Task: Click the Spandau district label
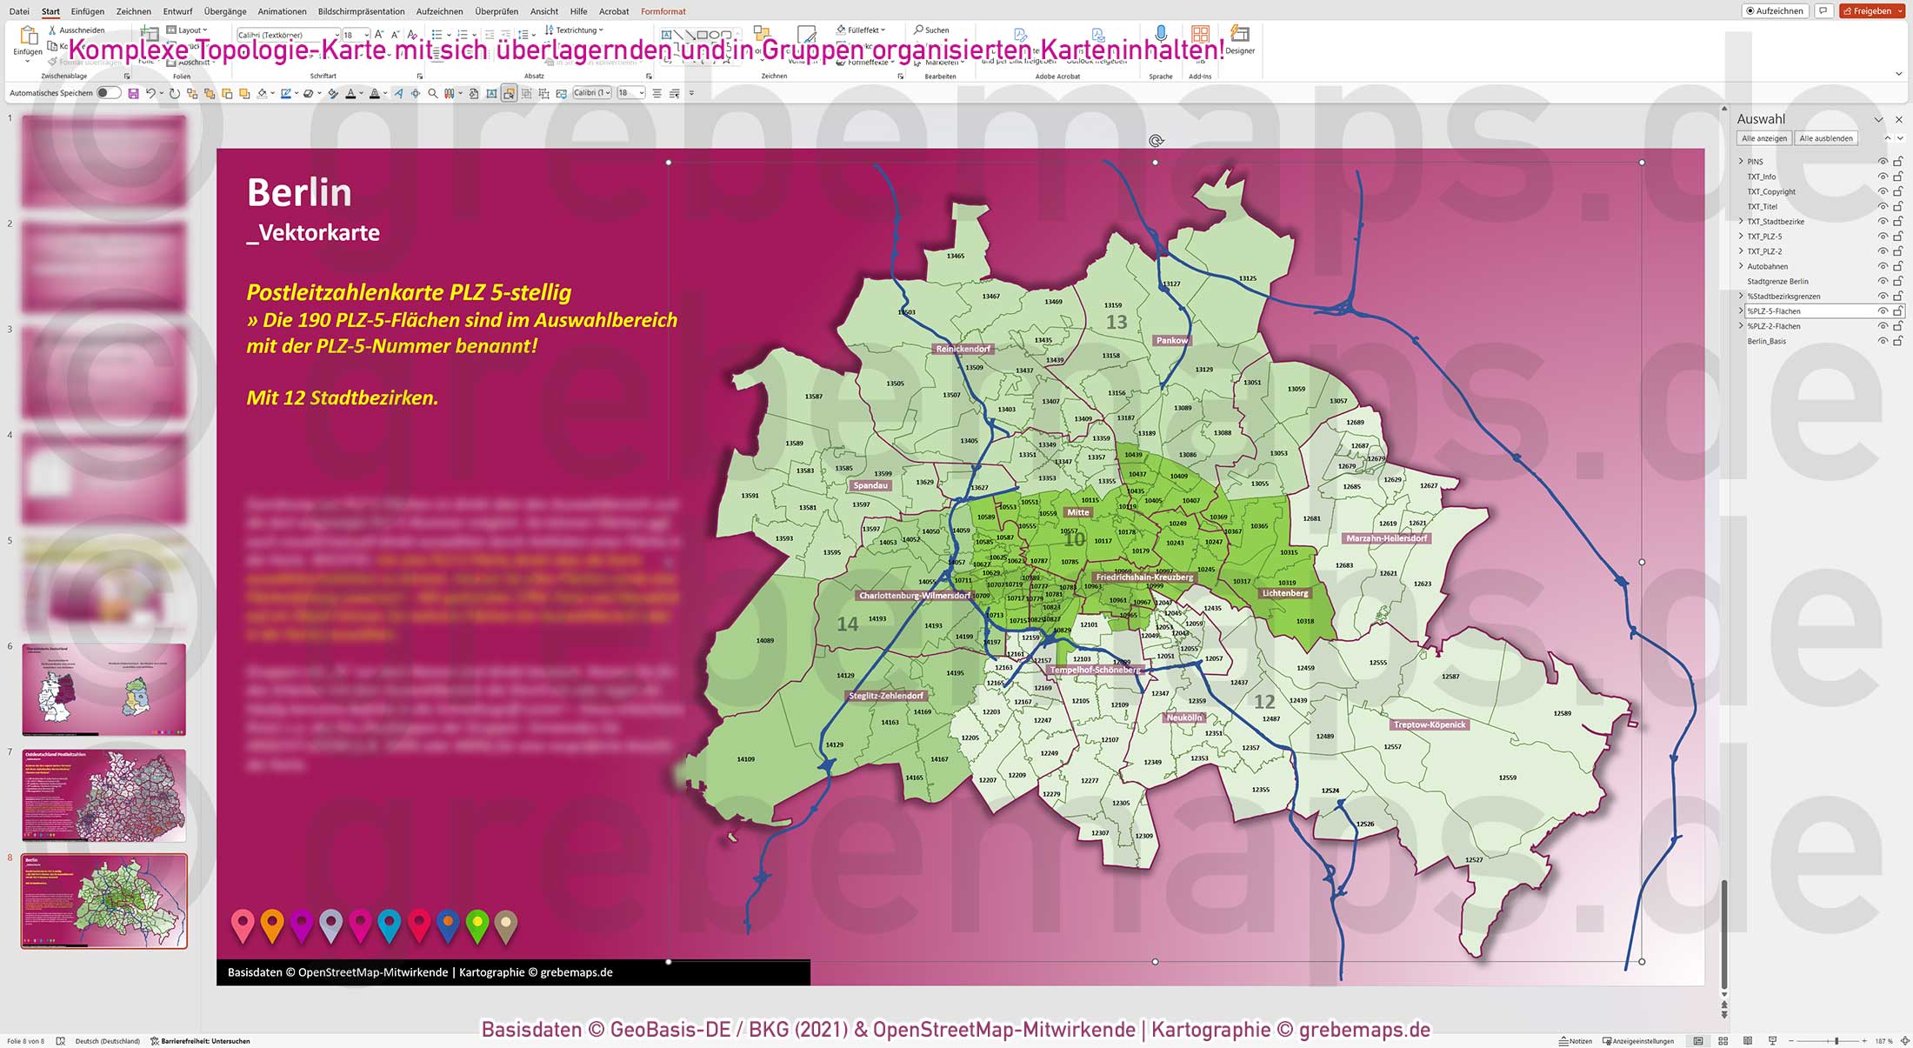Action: (870, 485)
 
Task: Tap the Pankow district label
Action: (1171, 340)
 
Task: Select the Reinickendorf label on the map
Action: (963, 349)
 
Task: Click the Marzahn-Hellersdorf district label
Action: (1386, 538)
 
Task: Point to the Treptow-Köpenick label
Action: (1430, 724)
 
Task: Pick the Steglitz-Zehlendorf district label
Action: (886, 696)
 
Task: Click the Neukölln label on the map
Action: (1183, 718)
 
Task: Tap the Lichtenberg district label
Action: (1284, 593)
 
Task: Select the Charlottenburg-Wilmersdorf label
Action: (915, 596)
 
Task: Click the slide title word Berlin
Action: (299, 192)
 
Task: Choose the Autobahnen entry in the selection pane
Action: (1768, 266)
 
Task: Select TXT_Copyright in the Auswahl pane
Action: (1771, 191)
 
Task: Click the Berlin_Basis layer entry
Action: (1766, 341)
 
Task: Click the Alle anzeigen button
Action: (1764, 138)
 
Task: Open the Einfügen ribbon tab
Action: (88, 11)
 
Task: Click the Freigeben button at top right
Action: (1872, 11)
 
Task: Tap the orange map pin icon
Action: (272, 924)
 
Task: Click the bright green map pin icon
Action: (477, 924)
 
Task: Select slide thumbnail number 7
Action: (104, 795)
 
